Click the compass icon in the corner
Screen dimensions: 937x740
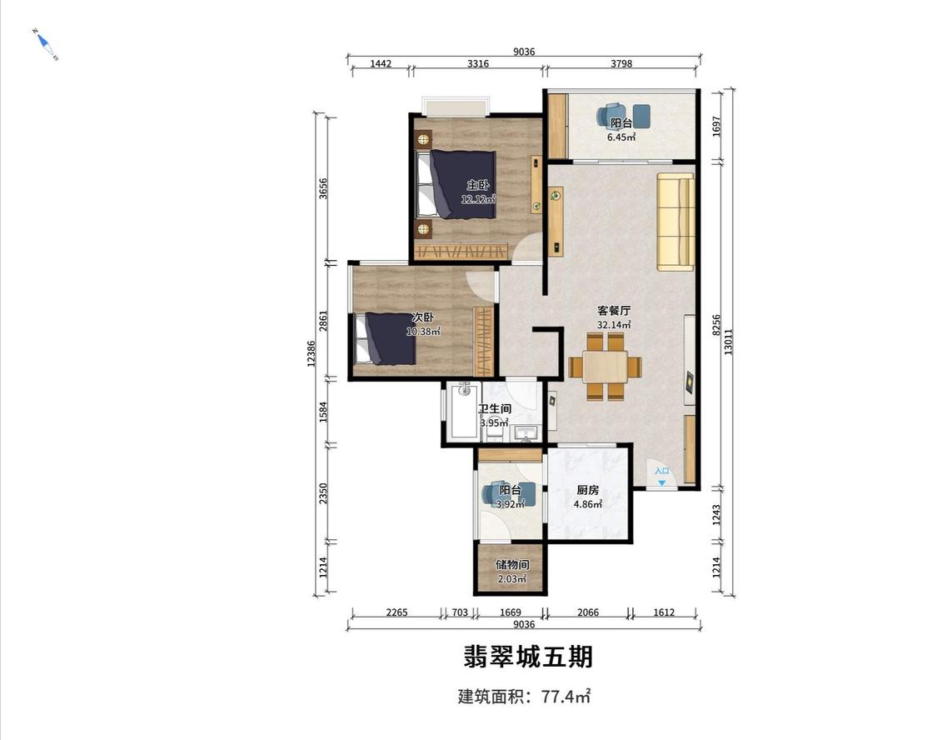click(x=45, y=44)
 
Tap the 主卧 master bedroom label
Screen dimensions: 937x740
click(x=477, y=185)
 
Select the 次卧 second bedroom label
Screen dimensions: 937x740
click(x=422, y=317)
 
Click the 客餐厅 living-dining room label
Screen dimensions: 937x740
click(x=614, y=311)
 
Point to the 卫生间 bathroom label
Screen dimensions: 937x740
click(x=494, y=409)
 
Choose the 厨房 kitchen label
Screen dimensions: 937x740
click(x=587, y=490)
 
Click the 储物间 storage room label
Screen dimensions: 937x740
click(x=512, y=565)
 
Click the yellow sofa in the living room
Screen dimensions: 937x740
click(x=675, y=222)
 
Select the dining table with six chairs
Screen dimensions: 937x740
click(x=605, y=366)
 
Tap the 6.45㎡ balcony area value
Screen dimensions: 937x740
click(x=621, y=137)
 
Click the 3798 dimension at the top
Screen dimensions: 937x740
click(x=621, y=63)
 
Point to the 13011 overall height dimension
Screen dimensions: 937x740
click(x=728, y=342)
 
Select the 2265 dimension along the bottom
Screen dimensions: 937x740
click(x=396, y=612)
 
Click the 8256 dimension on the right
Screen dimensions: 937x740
click(x=716, y=326)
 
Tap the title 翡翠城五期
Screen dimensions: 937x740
click(x=528, y=657)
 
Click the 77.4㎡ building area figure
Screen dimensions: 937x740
click(x=566, y=697)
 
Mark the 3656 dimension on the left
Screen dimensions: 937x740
click(x=323, y=189)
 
